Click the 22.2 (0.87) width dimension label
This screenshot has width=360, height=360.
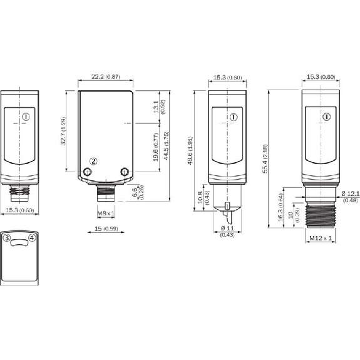pos(106,76)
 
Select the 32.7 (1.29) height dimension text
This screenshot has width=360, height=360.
pos(63,131)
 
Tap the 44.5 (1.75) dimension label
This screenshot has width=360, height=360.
pos(167,145)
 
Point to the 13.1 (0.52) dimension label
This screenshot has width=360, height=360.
pos(159,106)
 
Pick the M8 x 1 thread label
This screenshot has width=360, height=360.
pos(106,213)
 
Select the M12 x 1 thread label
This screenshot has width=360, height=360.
pos(321,238)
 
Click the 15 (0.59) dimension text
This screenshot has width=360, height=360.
pos(106,229)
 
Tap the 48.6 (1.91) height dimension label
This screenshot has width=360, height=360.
pos(190,151)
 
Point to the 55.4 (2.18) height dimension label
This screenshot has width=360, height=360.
pos(265,158)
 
